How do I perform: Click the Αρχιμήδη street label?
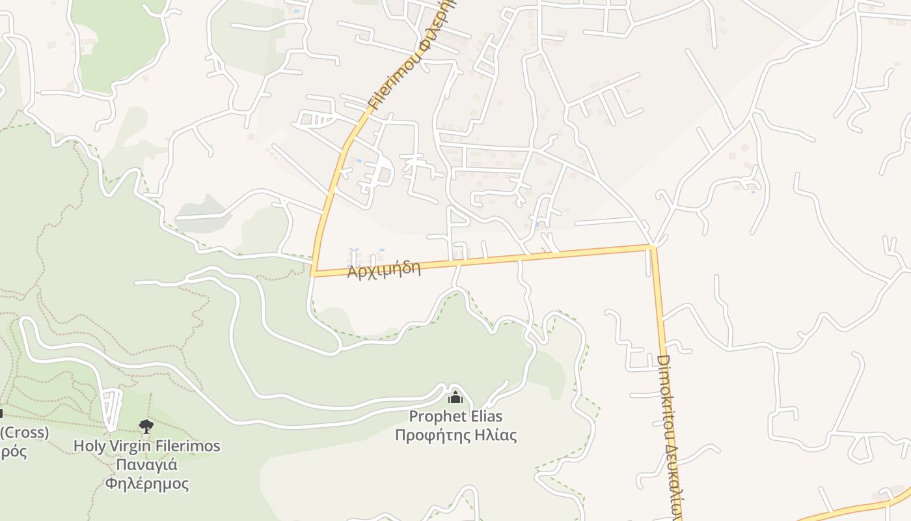coord(383,268)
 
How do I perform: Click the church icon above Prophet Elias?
coord(455,397)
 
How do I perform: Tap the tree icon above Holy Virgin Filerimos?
coord(146,427)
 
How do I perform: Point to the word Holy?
coord(88,446)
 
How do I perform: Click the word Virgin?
coord(127,446)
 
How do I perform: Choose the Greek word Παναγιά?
coord(147,465)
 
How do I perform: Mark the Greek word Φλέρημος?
coord(147,484)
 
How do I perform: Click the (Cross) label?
coord(24,432)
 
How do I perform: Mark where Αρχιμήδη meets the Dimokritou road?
coord(652,247)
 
